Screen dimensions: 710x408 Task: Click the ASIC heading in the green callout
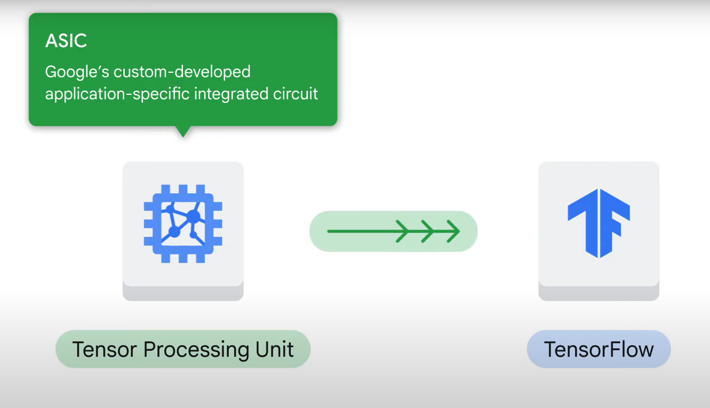[x=66, y=41]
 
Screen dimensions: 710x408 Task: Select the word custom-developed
[x=182, y=72]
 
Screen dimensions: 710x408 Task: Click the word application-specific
[x=117, y=94]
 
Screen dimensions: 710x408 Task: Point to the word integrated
[x=231, y=94]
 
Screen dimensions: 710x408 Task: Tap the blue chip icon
[x=183, y=224]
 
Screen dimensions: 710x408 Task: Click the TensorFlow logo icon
[x=599, y=223]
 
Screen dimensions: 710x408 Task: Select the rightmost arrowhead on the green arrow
[x=453, y=231]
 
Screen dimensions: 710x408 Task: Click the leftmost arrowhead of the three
[x=402, y=231]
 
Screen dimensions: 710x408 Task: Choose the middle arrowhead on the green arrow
[x=427, y=231]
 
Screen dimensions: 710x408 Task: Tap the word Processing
[x=197, y=350]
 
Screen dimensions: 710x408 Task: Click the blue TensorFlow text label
[x=599, y=349]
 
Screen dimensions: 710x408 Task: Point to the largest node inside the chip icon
[x=193, y=216]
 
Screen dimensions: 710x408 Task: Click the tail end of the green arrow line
[x=328, y=231]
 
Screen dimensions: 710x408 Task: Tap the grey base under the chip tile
[x=183, y=293]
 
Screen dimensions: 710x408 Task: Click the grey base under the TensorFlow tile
[x=599, y=293]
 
